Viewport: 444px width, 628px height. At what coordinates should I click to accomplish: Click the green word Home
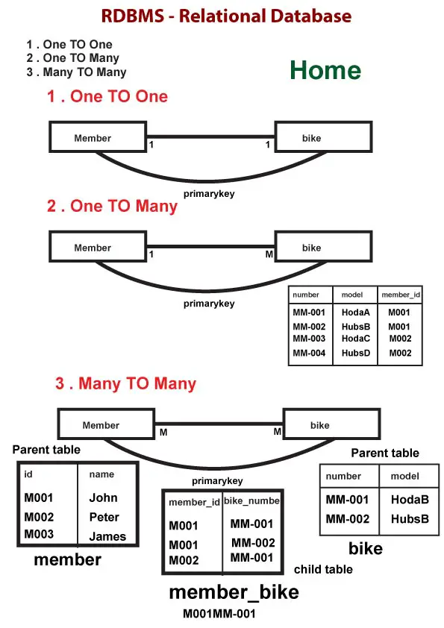325,70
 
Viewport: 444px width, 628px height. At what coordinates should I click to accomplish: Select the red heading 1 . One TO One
107,96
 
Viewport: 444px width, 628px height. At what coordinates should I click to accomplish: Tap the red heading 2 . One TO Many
113,206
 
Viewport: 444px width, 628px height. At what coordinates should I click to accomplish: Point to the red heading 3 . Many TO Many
125,384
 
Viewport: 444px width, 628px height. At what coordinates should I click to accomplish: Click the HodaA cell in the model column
356,313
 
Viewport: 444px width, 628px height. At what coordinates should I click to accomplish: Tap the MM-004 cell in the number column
309,353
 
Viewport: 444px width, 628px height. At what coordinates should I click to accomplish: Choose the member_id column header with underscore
401,295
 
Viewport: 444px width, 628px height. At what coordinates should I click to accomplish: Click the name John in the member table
103,497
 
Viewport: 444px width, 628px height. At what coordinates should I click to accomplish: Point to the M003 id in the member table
39,534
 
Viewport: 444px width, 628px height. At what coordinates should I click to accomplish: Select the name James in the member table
107,536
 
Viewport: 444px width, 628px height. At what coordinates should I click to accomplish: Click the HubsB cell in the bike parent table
410,518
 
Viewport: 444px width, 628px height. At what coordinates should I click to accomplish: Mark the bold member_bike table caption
234,592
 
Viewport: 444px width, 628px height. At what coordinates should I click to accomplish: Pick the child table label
323,570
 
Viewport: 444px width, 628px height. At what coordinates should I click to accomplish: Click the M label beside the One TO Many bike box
270,255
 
